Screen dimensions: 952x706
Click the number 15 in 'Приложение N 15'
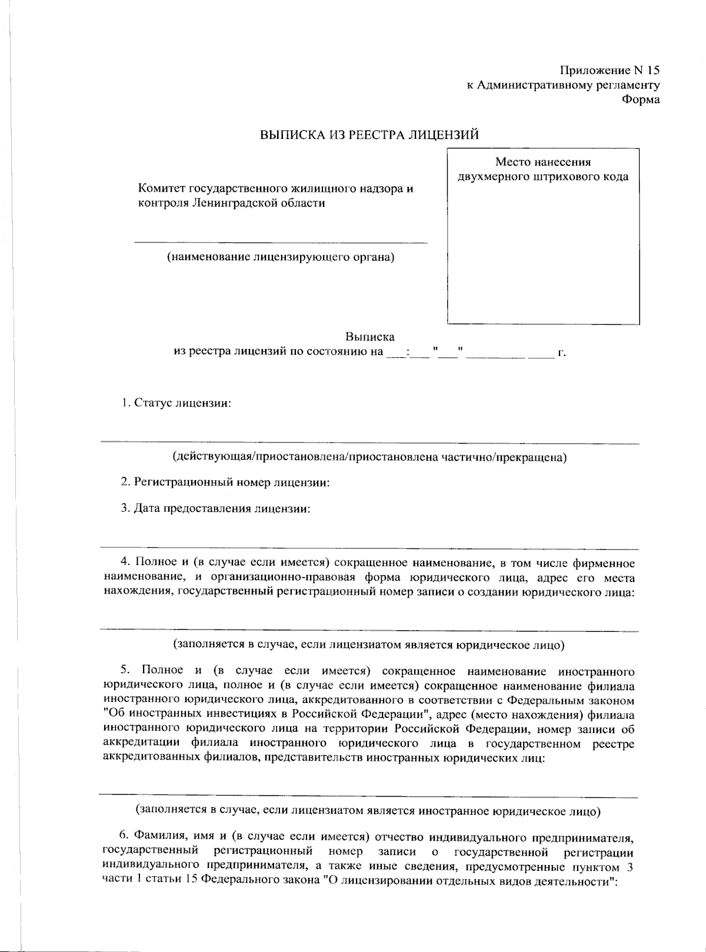coord(652,71)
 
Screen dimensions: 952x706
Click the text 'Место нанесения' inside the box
coord(542,162)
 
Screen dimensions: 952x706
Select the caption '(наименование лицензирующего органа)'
coord(280,257)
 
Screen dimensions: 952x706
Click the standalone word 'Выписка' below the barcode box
coord(369,337)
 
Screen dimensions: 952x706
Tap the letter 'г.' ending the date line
coord(562,353)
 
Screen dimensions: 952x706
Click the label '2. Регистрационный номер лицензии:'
coord(225,482)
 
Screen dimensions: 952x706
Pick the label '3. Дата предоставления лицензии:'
coord(215,508)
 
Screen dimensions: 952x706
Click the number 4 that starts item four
coord(124,563)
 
